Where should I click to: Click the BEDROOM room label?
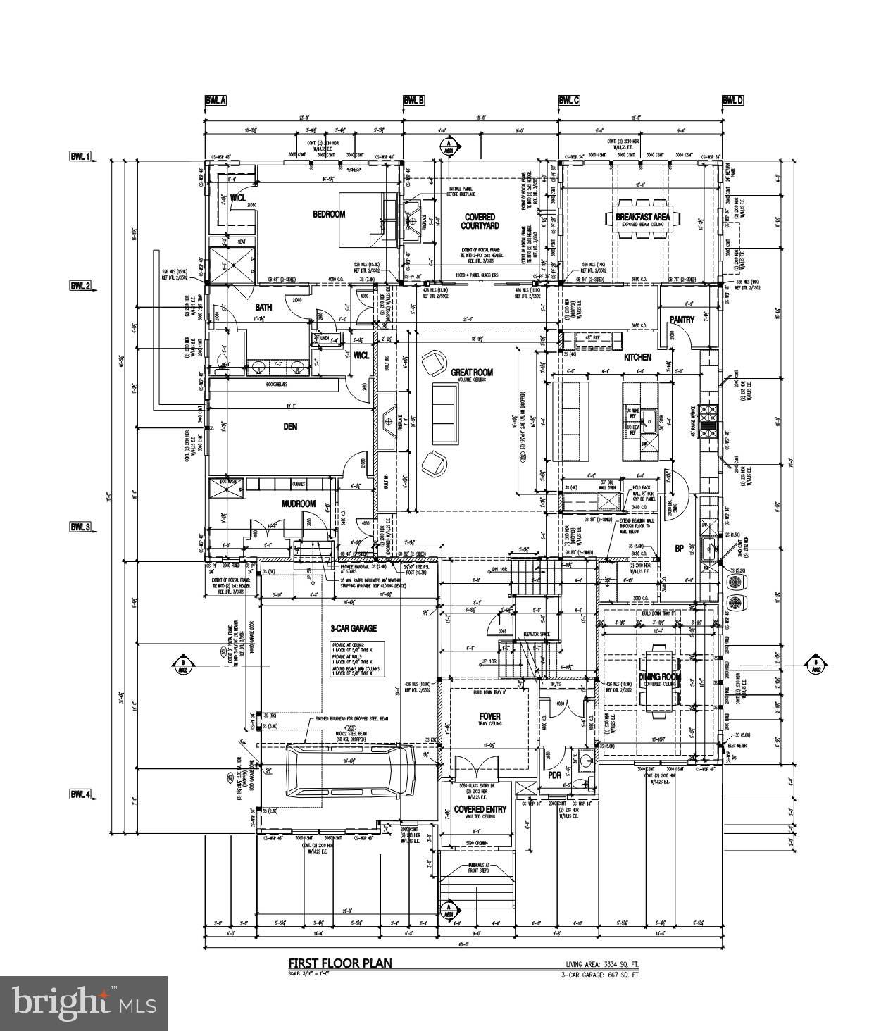(329, 214)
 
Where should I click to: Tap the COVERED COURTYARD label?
(480, 221)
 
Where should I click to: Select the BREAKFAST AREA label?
(643, 217)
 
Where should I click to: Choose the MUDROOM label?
(298, 504)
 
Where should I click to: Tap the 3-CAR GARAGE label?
(354, 628)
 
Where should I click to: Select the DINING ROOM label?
(660, 677)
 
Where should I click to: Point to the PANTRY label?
(682, 320)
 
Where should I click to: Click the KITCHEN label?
(637, 358)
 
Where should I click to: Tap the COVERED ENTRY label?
(480, 810)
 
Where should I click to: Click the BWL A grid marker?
(216, 101)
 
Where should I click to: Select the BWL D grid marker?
(732, 101)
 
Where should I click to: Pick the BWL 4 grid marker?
(80, 794)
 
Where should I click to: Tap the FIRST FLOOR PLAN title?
(340, 963)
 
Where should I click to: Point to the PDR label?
(554, 775)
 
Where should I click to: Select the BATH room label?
(263, 307)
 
